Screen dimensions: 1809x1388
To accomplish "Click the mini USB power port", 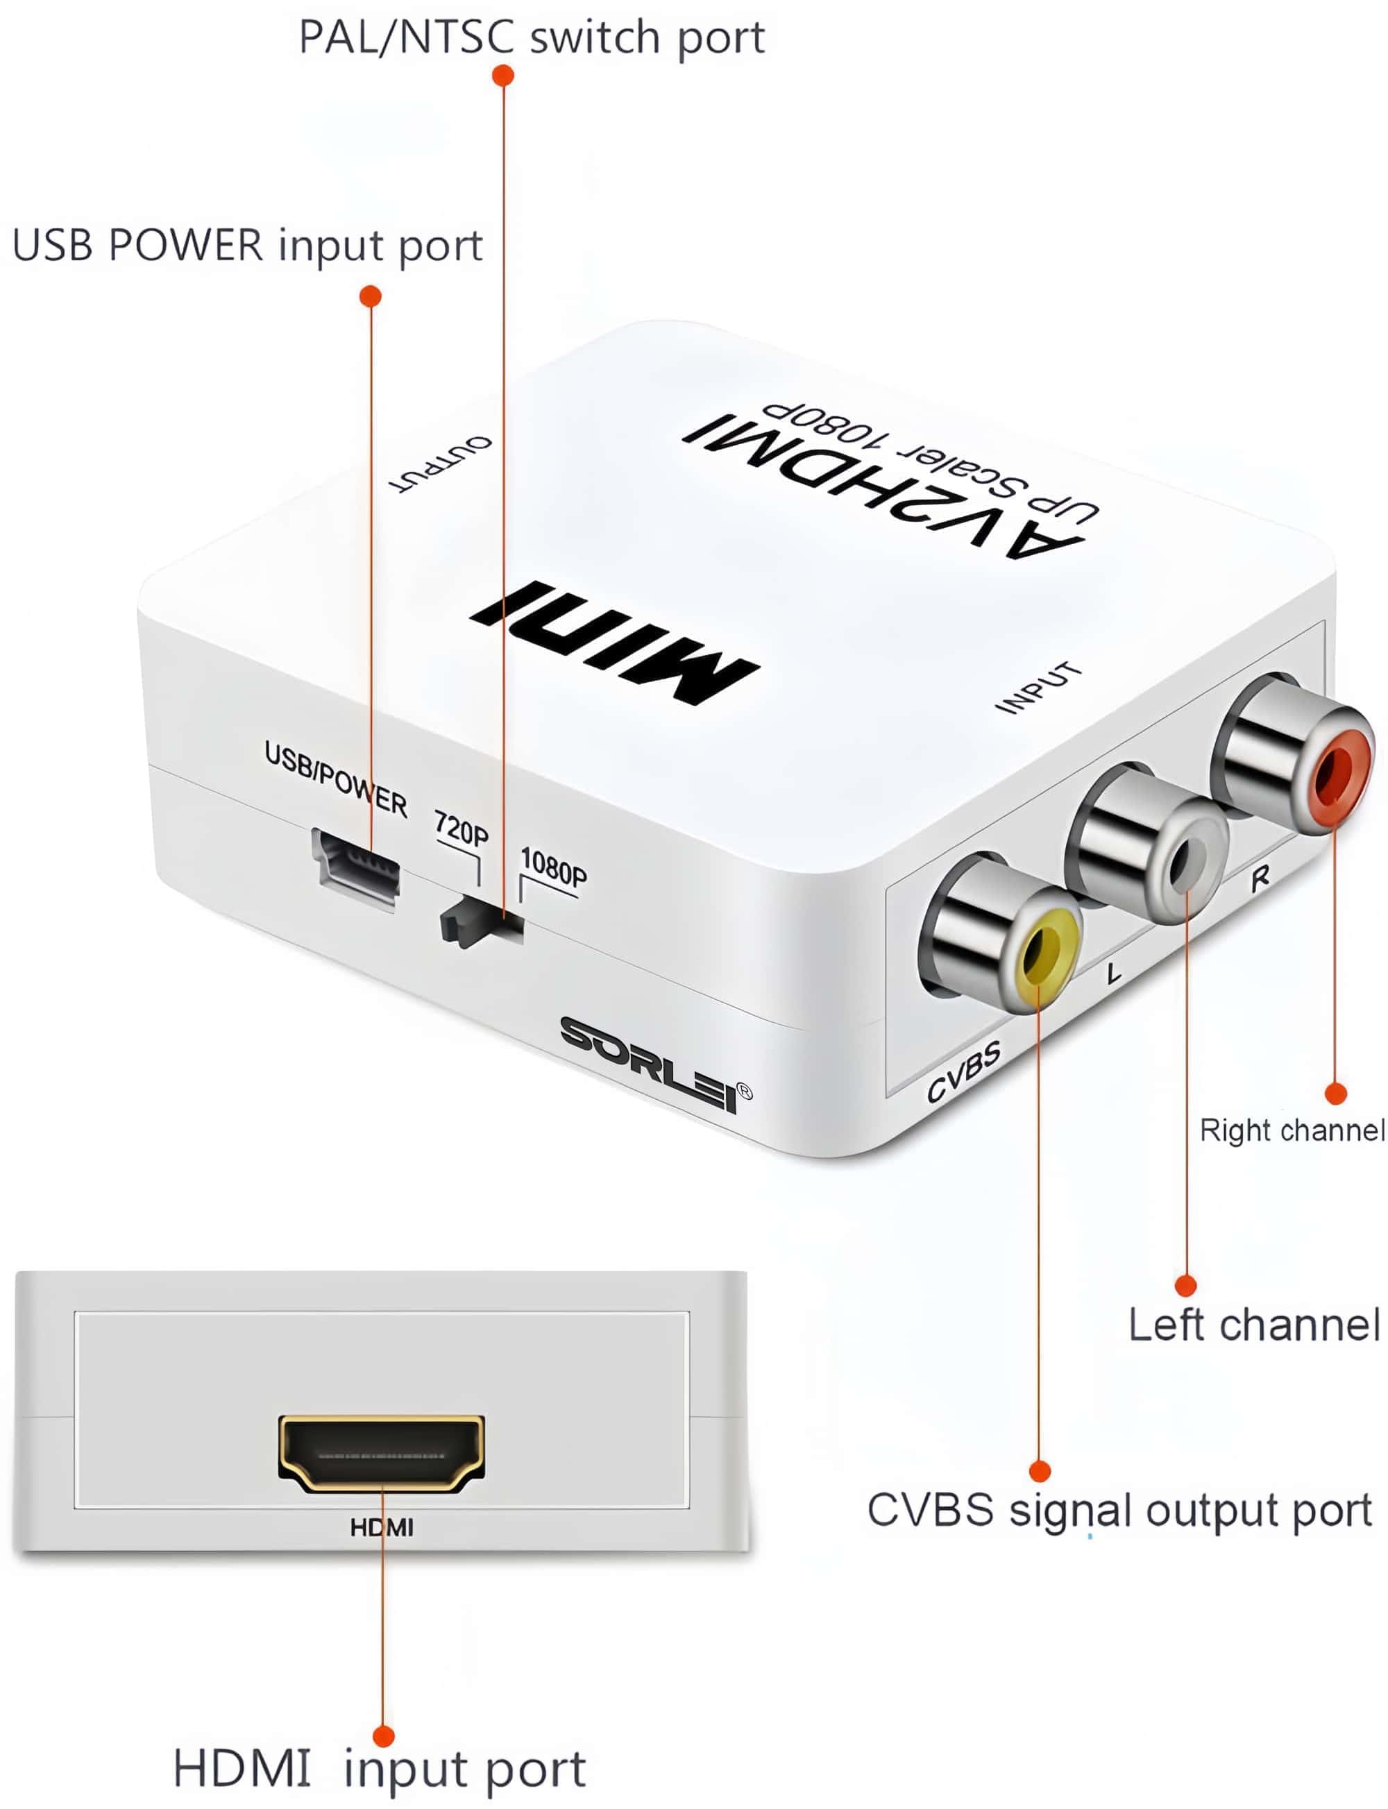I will tap(356, 867).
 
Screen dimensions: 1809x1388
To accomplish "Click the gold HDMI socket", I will tap(382, 1453).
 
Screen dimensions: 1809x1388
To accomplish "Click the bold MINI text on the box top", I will tap(616, 640).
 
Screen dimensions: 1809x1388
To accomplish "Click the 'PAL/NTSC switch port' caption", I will tap(531, 38).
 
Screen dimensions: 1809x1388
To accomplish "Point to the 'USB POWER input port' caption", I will tap(247, 246).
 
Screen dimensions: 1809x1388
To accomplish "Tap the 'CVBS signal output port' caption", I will tap(1119, 1510).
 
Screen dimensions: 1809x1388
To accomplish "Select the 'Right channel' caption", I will tap(1292, 1130).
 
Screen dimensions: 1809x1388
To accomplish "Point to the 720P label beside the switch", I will tap(461, 828).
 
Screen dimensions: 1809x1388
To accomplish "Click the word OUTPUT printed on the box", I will tap(441, 463).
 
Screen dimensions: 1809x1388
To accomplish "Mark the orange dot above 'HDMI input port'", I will tap(383, 1735).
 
